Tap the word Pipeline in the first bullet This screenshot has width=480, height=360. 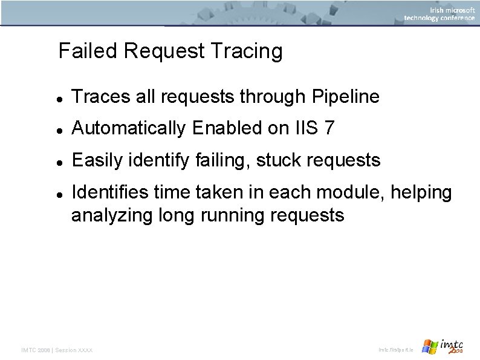pos(346,96)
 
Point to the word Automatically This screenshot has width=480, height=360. pos(128,128)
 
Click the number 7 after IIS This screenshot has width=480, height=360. pos(329,128)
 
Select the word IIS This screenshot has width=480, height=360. pos(305,128)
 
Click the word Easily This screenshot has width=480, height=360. pos(97,160)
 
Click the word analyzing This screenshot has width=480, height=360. pos(112,215)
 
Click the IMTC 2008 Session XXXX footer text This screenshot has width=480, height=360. pos(57,350)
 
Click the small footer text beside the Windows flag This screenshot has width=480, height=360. pos(396,350)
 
